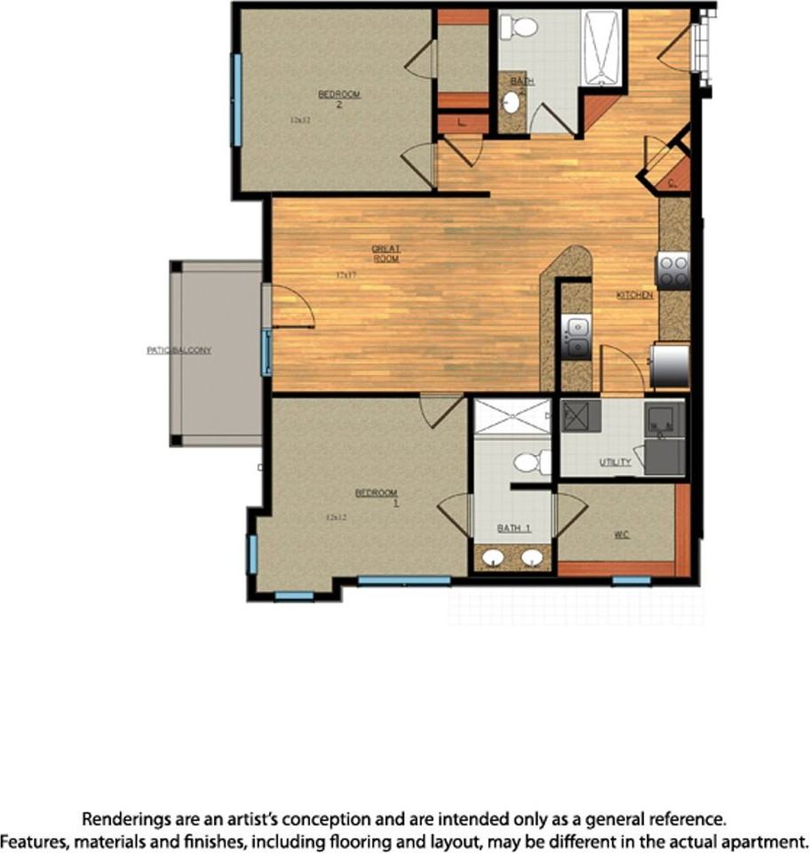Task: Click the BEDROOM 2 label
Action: pyautogui.click(x=339, y=99)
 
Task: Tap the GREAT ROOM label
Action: pyautogui.click(x=385, y=254)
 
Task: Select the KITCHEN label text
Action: pyautogui.click(x=635, y=294)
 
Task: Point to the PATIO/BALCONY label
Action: pyautogui.click(x=179, y=350)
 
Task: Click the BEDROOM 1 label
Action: pyautogui.click(x=377, y=498)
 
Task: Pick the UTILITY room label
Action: pyautogui.click(x=615, y=462)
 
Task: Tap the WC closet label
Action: pyautogui.click(x=622, y=535)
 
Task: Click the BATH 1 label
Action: pyautogui.click(x=513, y=529)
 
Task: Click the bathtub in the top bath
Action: pyautogui.click(x=603, y=48)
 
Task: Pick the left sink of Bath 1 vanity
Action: pyautogui.click(x=493, y=558)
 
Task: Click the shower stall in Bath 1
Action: pyautogui.click(x=512, y=416)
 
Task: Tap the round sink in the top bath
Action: pyautogui.click(x=512, y=103)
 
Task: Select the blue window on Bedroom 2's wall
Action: pyautogui.click(x=236, y=100)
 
